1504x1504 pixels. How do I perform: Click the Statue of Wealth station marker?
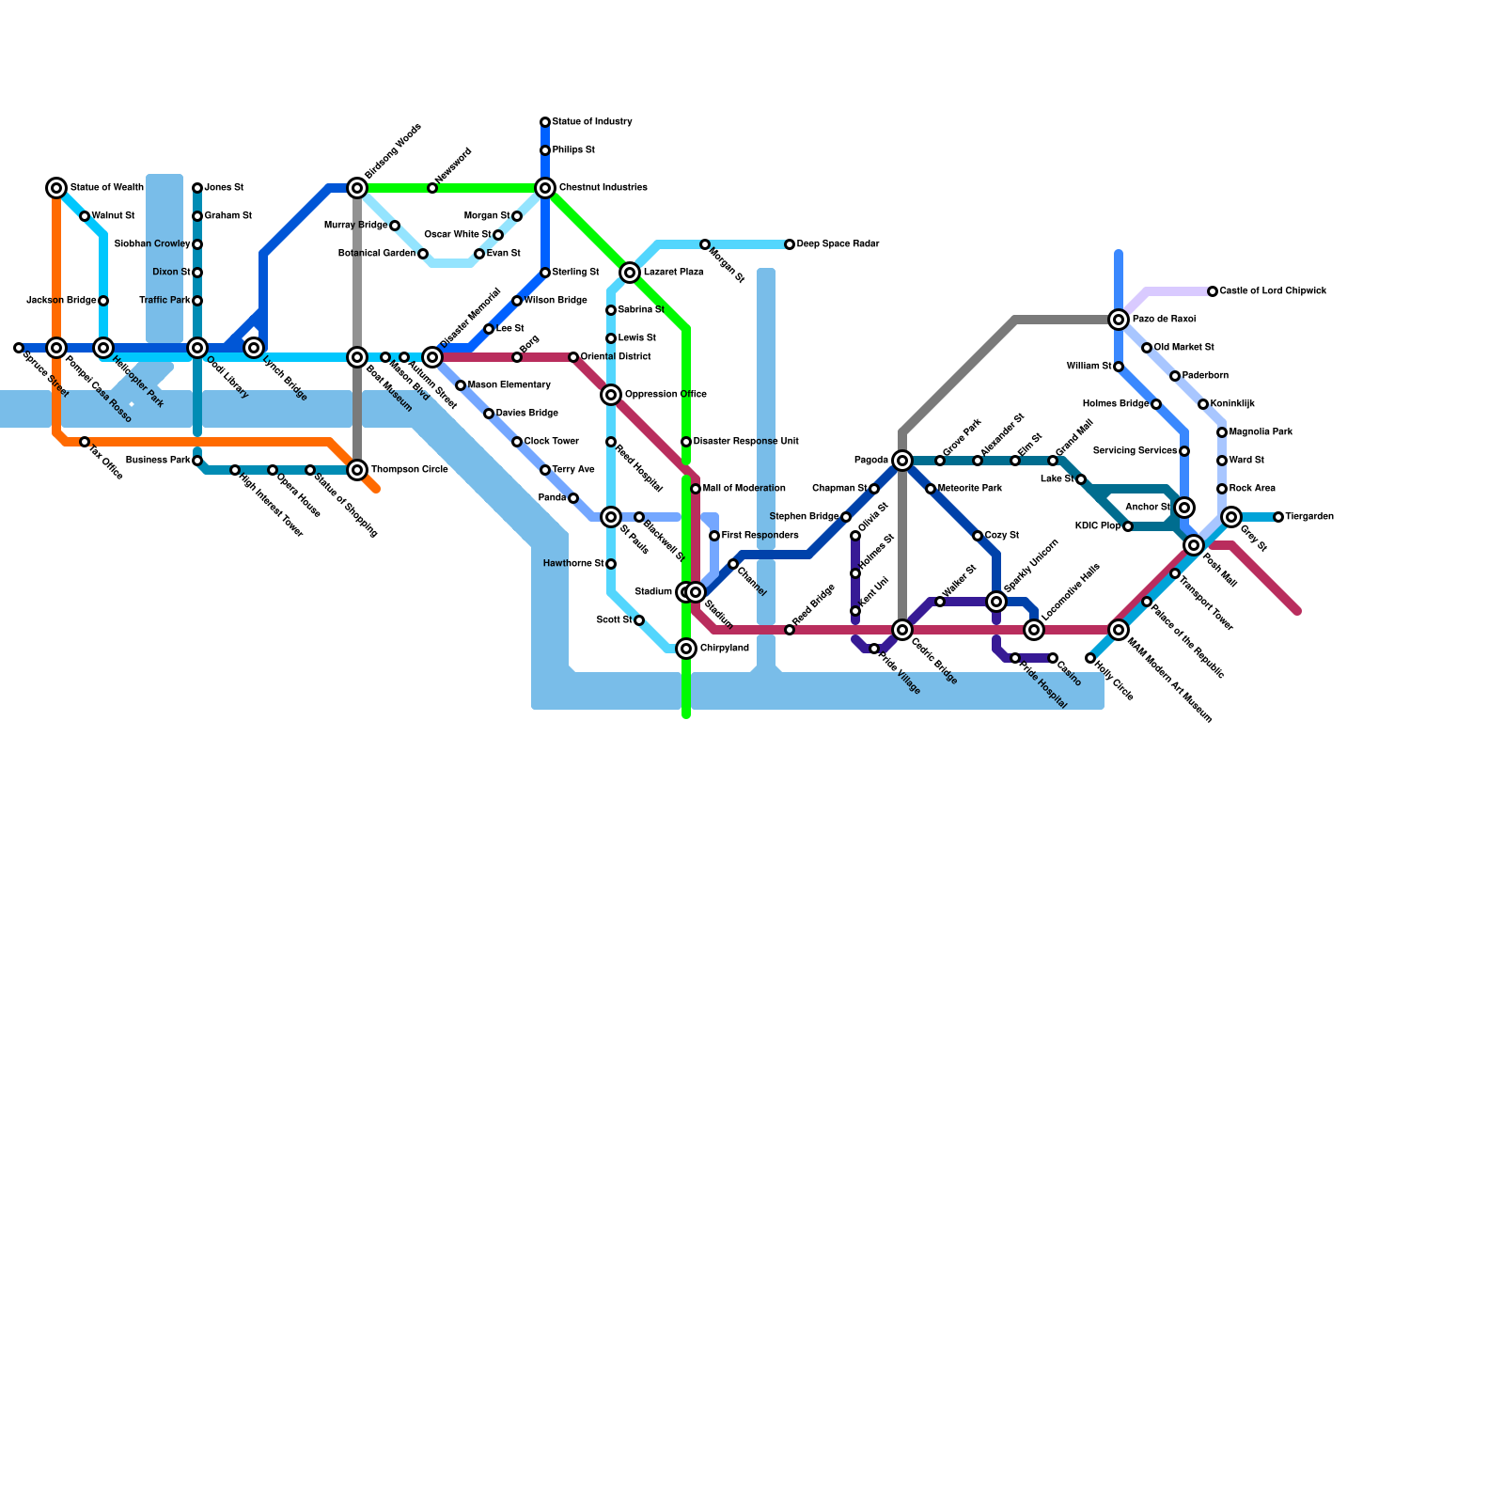(56, 188)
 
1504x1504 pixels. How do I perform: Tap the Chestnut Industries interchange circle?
(545, 188)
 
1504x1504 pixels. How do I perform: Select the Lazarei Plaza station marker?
(630, 273)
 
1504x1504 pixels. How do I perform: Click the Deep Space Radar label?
(838, 244)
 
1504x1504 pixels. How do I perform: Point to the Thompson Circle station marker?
(357, 470)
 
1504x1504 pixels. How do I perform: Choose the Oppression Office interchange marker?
(611, 395)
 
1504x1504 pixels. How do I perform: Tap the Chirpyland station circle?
(686, 649)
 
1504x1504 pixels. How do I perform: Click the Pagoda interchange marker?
(902, 461)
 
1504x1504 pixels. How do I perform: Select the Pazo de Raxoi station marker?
(1119, 320)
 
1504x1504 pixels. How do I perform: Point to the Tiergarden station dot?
(1278, 517)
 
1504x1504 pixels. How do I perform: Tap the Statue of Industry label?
(592, 122)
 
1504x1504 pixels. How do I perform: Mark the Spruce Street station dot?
(19, 348)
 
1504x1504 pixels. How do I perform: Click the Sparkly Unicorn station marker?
(996, 602)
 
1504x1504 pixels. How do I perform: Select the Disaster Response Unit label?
(745, 442)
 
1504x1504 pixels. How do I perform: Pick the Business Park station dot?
(197, 461)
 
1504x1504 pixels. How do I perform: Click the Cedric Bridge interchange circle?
(902, 630)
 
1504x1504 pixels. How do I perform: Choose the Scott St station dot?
(639, 620)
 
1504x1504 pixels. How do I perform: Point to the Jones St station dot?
(197, 188)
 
